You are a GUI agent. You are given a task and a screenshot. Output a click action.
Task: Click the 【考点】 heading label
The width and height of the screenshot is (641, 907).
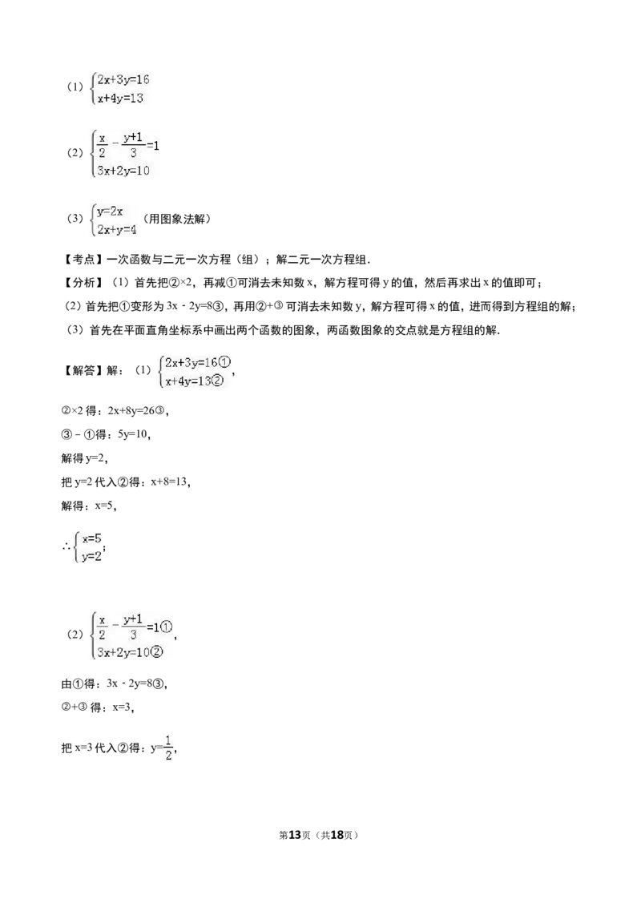(x=83, y=260)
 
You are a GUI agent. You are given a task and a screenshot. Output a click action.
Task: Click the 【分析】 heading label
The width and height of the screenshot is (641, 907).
(x=83, y=283)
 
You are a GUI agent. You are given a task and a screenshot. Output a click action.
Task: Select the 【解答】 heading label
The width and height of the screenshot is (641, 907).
(x=83, y=370)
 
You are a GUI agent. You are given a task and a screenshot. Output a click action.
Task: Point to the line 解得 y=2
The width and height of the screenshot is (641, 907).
(x=84, y=458)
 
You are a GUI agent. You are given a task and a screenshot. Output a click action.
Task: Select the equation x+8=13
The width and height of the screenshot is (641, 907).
(x=169, y=482)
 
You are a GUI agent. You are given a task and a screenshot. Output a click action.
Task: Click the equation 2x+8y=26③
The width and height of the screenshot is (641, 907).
(x=137, y=410)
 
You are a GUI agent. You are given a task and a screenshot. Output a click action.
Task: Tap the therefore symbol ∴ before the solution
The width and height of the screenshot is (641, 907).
(x=67, y=546)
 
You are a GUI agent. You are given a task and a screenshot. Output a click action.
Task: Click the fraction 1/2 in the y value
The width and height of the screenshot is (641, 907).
(x=168, y=748)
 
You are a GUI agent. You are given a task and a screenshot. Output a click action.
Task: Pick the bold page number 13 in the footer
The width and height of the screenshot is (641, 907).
(x=295, y=835)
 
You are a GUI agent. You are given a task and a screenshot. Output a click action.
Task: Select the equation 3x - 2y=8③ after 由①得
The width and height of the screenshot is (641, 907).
(x=136, y=683)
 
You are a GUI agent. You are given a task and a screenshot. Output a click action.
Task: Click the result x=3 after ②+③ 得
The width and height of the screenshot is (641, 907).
(x=122, y=707)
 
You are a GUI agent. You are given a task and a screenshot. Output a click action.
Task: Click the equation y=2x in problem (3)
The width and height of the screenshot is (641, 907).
(x=110, y=212)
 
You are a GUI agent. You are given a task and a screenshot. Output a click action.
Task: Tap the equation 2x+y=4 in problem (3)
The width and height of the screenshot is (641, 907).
(x=117, y=230)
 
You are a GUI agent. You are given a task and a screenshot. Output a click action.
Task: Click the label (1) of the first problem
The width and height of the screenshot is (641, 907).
(x=75, y=87)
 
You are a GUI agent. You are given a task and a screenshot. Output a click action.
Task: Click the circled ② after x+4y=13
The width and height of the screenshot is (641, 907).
(x=216, y=381)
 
